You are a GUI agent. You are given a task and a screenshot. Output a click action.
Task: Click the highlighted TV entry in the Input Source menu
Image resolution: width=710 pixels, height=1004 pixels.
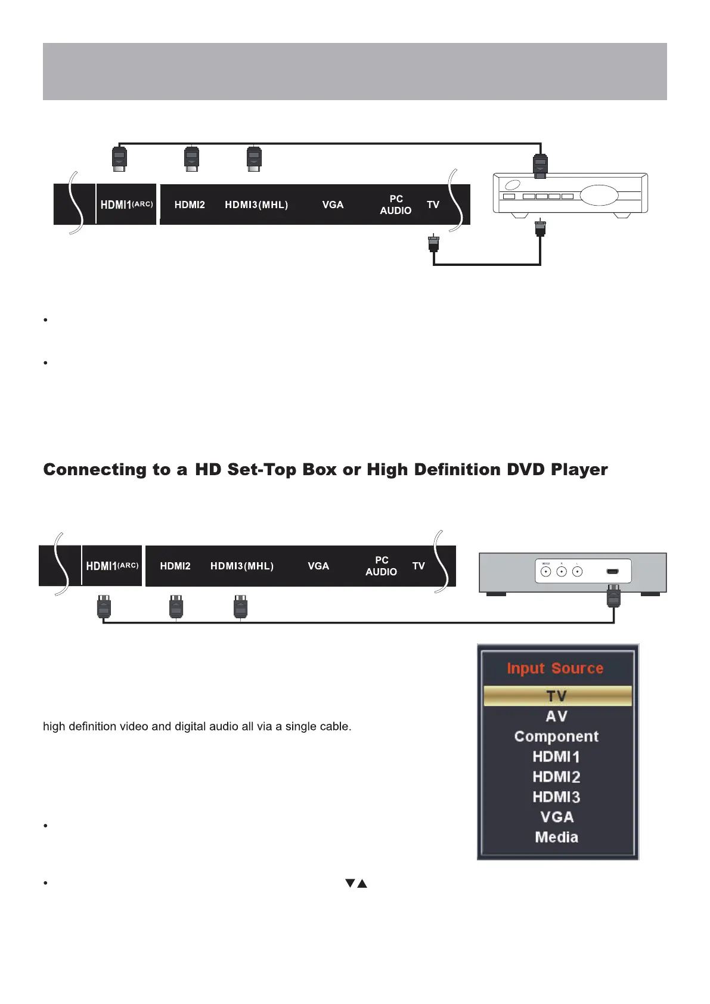(557, 696)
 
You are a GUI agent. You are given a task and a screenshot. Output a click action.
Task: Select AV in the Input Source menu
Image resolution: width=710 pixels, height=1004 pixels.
(557, 716)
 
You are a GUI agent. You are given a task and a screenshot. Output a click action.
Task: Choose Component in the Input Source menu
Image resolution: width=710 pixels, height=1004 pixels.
(556, 736)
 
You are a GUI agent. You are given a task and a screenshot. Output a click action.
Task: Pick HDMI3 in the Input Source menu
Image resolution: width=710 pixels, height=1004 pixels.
(556, 797)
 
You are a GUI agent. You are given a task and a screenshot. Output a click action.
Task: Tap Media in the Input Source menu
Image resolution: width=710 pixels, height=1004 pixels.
(556, 837)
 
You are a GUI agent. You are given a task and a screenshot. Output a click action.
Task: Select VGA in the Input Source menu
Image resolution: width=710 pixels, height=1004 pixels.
(557, 817)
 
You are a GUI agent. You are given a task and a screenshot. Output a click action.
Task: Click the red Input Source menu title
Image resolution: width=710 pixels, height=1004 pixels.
(555, 668)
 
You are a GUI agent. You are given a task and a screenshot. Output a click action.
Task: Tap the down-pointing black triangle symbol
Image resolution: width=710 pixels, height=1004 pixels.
(351, 883)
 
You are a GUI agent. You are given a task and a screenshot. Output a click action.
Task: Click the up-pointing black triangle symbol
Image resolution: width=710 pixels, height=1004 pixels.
(362, 883)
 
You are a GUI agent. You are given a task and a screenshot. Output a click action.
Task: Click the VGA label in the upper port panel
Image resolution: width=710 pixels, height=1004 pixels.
(333, 205)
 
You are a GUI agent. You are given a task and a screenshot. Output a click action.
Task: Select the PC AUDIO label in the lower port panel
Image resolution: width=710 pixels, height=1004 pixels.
(382, 566)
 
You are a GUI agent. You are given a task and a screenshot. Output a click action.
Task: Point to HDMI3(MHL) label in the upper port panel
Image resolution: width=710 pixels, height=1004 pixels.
(256, 205)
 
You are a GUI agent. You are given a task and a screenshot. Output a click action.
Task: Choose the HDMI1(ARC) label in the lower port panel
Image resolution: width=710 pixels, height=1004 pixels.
(112, 566)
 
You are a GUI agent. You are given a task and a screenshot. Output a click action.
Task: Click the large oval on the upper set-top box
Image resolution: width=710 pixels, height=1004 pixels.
(599, 195)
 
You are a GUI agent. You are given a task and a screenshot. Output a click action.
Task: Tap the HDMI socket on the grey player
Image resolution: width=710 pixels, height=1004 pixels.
(612, 572)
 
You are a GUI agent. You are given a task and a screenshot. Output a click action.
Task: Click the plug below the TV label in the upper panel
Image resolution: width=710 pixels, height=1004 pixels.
(433, 244)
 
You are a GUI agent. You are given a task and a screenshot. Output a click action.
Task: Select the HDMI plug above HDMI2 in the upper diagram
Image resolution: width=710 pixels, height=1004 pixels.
(191, 159)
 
